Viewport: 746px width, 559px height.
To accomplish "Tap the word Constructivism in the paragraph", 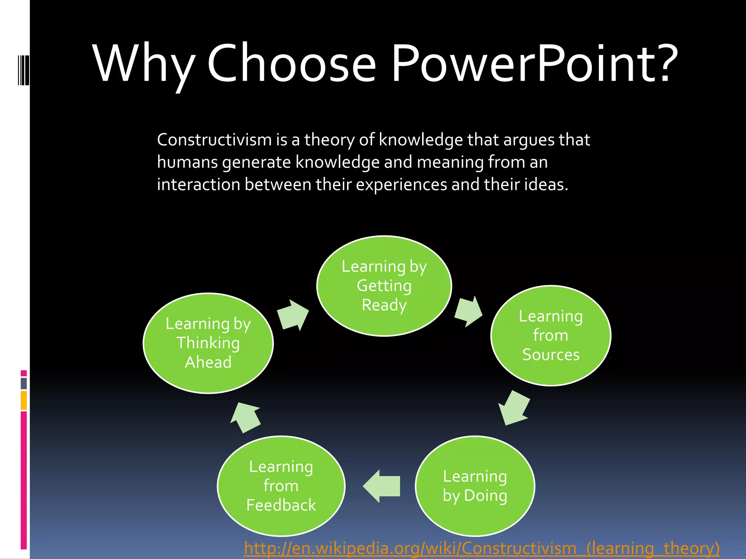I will [214, 140].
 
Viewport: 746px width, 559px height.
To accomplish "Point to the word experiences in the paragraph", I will [401, 185].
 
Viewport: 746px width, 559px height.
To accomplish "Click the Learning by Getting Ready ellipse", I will [384, 286].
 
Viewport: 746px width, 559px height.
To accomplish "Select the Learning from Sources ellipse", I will [550, 335].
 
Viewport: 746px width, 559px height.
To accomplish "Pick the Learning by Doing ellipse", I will [475, 486].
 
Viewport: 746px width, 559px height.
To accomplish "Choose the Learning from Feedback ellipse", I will [281, 486].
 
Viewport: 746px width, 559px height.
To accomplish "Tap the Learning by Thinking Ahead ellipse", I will [208, 343].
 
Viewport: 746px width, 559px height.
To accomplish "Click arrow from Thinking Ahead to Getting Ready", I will [293, 315].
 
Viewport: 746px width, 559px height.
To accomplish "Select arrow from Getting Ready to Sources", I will [468, 312].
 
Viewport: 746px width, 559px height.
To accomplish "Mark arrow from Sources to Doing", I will [514, 408].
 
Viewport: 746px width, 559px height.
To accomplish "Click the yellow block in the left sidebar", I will [24, 400].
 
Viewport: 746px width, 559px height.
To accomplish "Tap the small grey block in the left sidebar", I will [24, 383].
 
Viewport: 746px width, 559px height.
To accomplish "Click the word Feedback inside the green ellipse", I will [281, 505].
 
